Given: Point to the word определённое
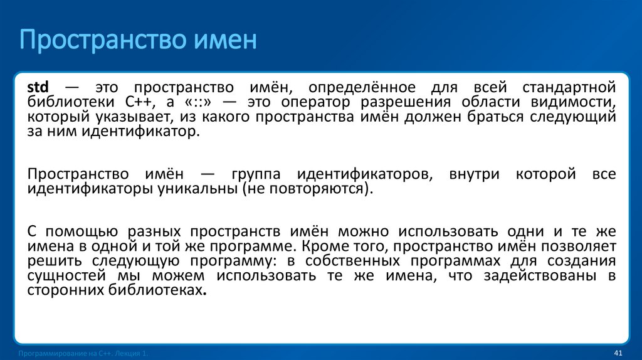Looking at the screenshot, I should pos(360,87).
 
